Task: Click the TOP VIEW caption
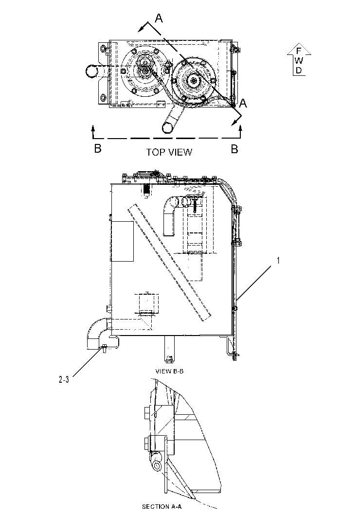(169, 152)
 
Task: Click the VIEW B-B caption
(169, 371)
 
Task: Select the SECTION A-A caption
(162, 506)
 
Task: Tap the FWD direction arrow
(299, 59)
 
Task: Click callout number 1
(278, 260)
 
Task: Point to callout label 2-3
(64, 380)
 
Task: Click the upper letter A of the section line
(159, 18)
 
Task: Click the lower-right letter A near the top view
(243, 103)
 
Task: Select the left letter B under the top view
(98, 148)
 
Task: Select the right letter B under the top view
(234, 149)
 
